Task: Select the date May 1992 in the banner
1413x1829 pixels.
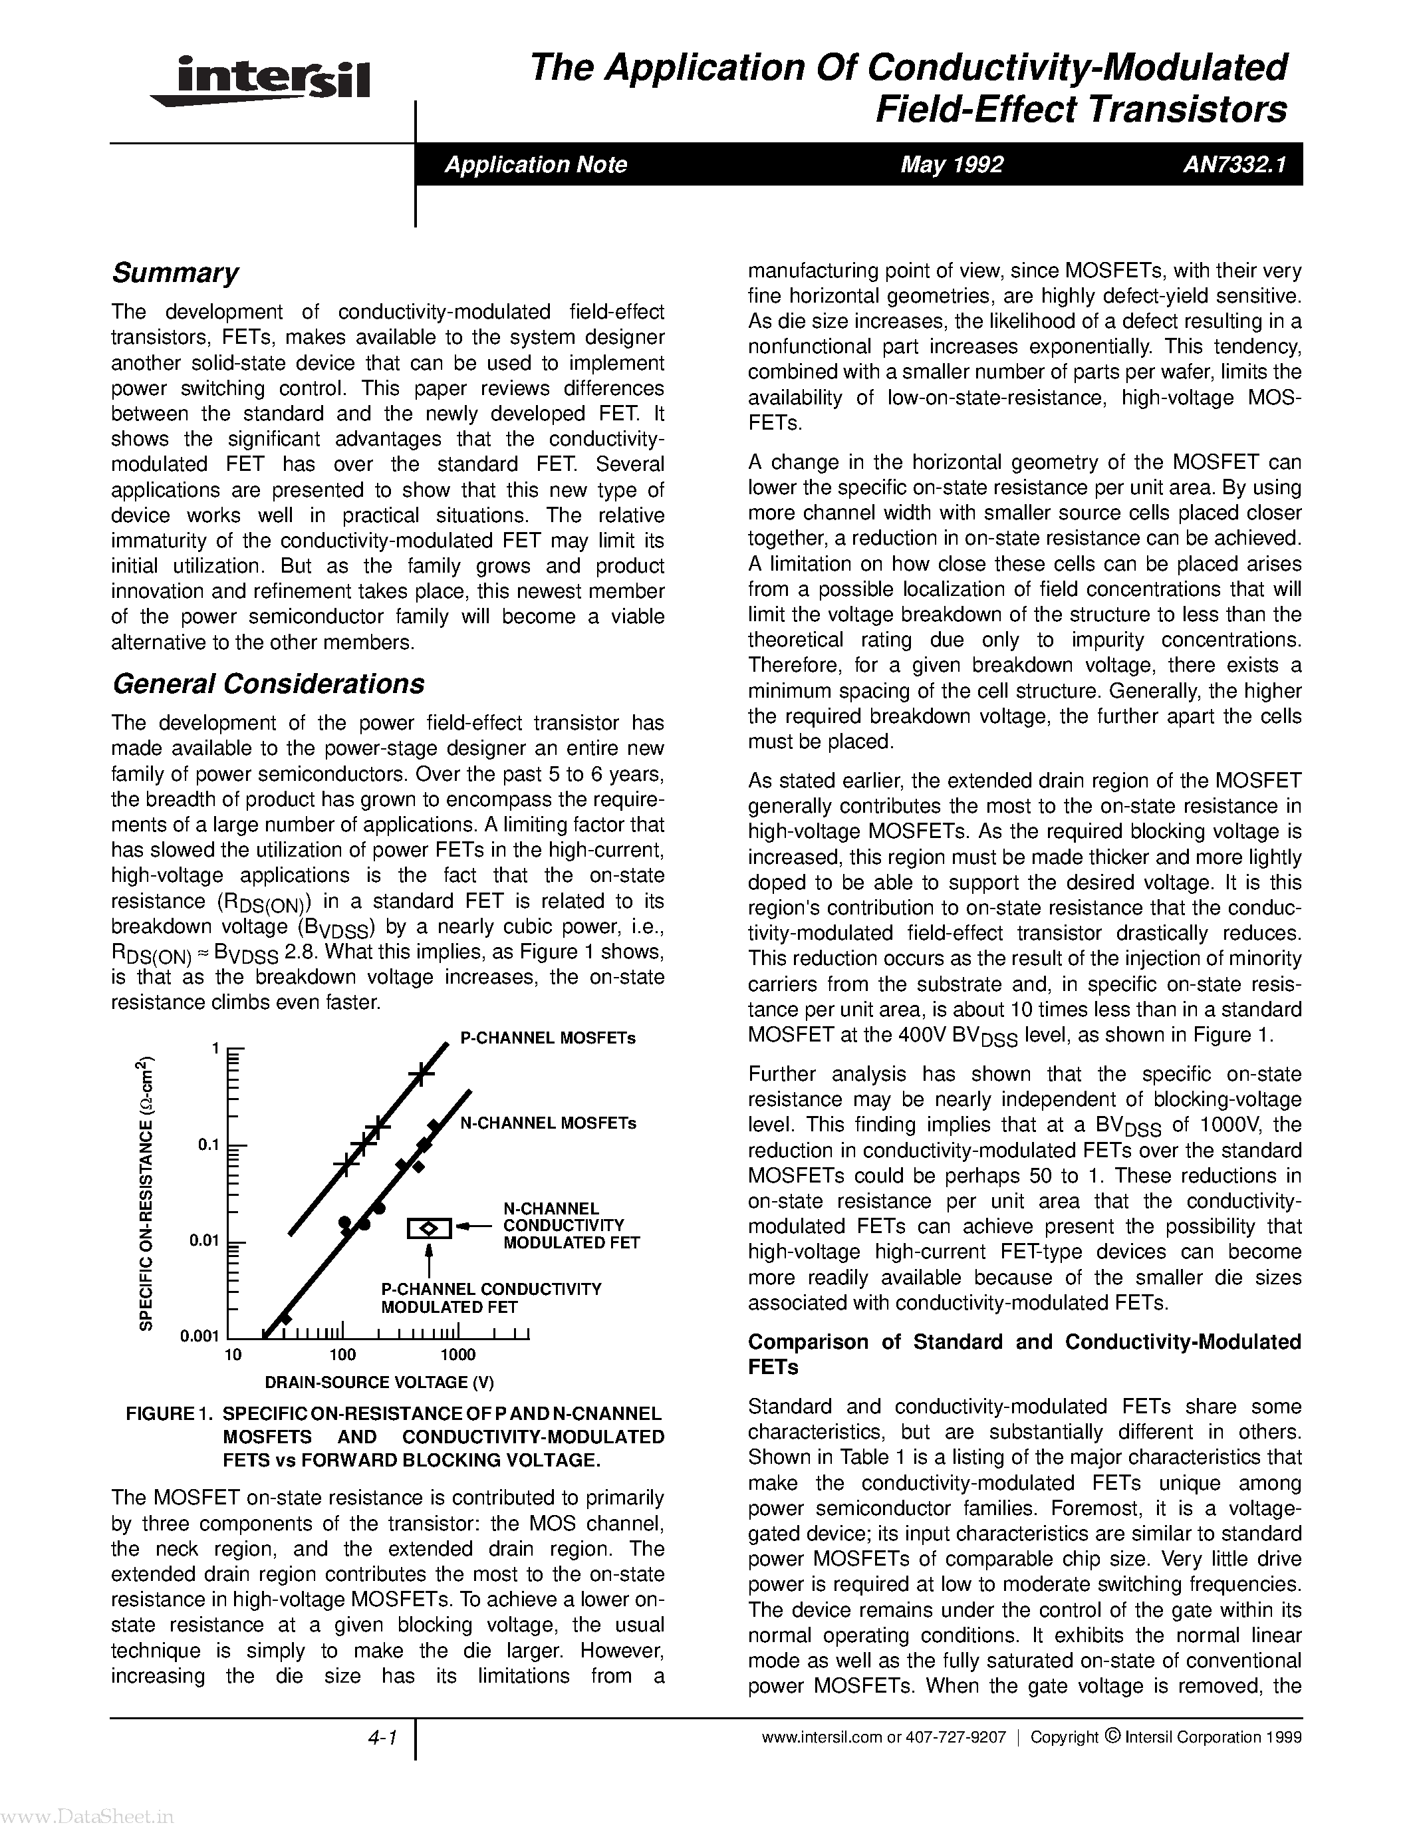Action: click(951, 164)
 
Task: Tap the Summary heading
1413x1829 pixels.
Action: click(175, 273)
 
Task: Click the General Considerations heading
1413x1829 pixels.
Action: click(268, 684)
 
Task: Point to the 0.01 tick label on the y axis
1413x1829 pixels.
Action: click(203, 1240)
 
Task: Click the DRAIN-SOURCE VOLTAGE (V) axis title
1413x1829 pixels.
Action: click(379, 1382)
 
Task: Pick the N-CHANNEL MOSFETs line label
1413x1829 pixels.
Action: click(549, 1123)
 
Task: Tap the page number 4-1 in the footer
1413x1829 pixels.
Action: click(381, 1739)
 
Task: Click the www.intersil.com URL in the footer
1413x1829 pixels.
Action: click(821, 1738)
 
